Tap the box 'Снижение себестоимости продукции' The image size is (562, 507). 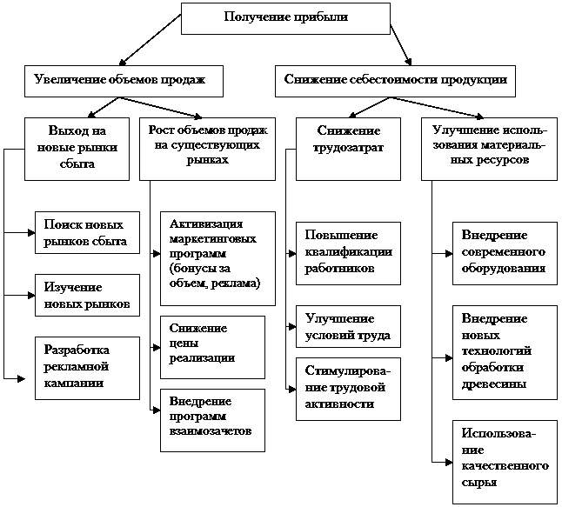click(x=395, y=80)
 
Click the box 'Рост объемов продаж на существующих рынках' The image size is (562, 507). click(x=207, y=147)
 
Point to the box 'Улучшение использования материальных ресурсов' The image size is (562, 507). click(x=489, y=147)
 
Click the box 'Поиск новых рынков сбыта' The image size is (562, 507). click(x=86, y=232)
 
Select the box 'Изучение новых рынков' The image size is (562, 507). click(x=86, y=296)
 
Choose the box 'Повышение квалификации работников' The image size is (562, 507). click(x=348, y=252)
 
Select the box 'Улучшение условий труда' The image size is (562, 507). click(x=348, y=327)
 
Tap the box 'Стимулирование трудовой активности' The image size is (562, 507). click(x=348, y=388)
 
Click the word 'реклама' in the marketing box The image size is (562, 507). click(x=239, y=284)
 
